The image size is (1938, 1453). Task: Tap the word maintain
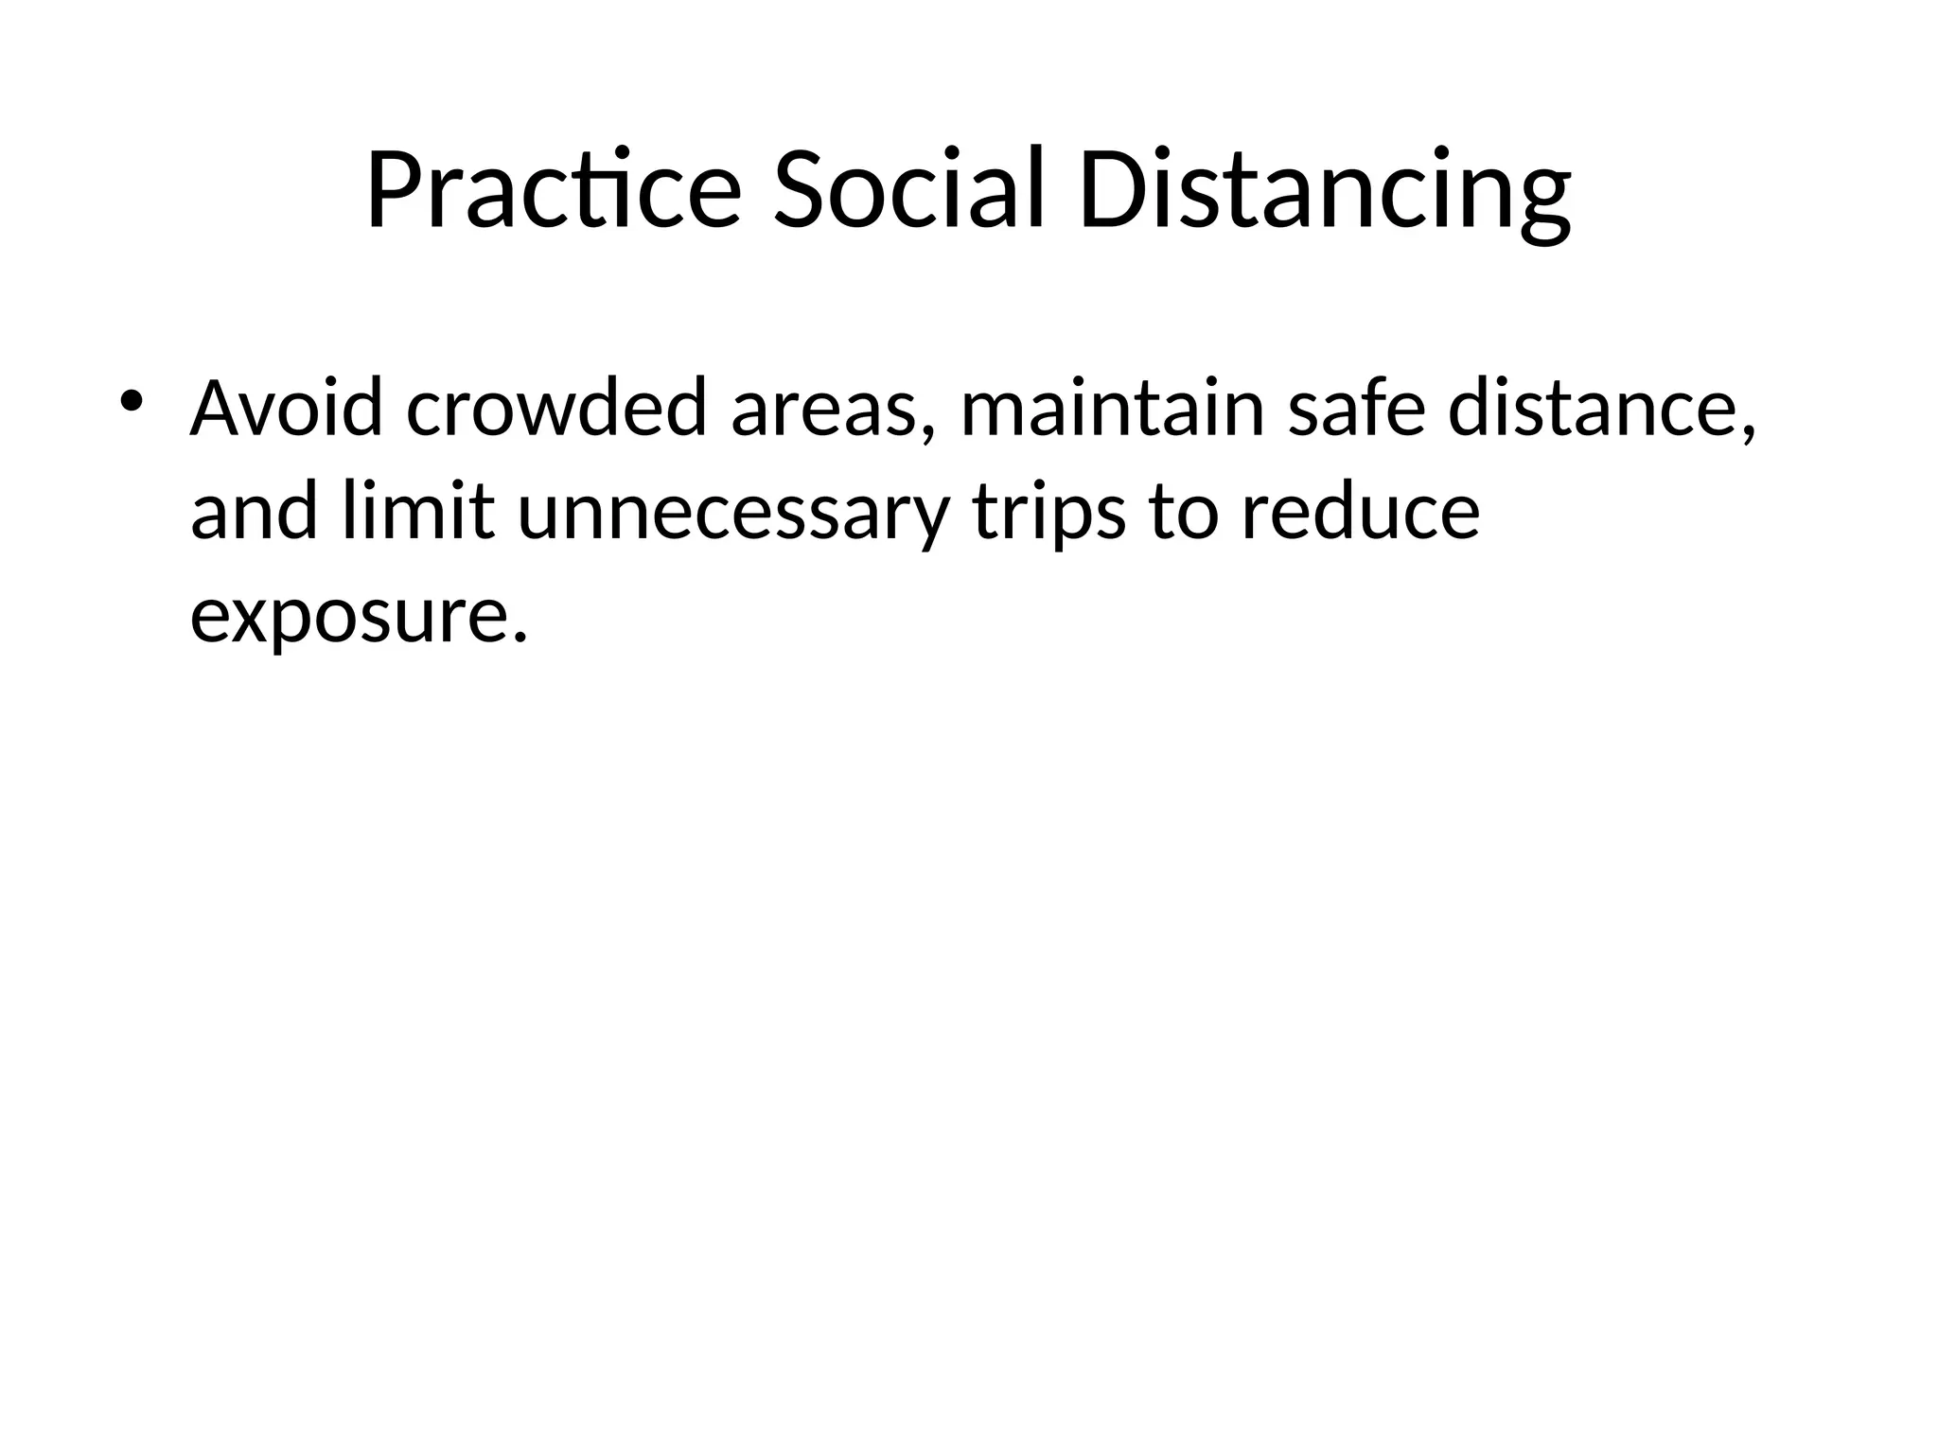point(1113,409)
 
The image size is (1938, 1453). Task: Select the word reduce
point(1360,512)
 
